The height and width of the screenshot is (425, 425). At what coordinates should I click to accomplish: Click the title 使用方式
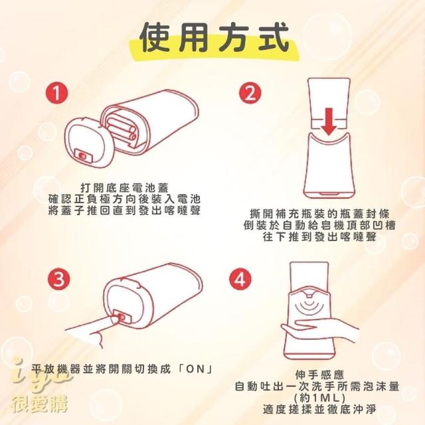pos(214,38)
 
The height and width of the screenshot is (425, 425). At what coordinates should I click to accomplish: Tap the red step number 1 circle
pos(56,93)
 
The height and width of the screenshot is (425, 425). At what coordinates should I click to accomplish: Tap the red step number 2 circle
pos(250,93)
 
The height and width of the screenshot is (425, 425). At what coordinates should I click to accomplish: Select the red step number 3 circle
pos(59,279)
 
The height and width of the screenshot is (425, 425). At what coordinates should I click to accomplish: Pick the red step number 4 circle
pos(240,279)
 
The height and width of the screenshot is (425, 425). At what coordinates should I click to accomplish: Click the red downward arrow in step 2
pos(329,122)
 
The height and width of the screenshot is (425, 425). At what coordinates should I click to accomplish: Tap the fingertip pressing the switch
pos(115,319)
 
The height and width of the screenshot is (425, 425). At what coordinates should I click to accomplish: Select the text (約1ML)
pos(319,398)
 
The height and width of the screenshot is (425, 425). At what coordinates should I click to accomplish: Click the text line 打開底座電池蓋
pos(124,187)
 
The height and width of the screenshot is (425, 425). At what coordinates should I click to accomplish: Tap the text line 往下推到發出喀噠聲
pos(319,237)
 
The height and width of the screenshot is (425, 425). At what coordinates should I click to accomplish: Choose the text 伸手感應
pos(319,375)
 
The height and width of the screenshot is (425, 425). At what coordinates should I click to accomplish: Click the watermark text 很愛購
pos(40,404)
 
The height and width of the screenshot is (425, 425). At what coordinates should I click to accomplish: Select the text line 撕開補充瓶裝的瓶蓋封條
pos(319,214)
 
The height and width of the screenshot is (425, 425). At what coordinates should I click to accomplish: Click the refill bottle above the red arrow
pos(329,104)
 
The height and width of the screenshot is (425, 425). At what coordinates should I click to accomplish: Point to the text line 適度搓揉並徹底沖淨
pos(319,409)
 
